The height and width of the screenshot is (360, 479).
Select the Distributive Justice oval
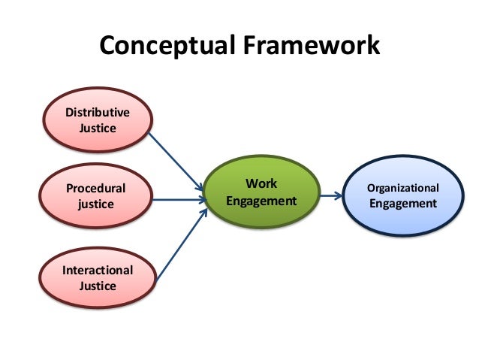click(97, 121)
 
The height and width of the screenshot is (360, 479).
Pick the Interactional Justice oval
click(98, 278)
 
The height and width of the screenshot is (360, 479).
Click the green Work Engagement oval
click(261, 193)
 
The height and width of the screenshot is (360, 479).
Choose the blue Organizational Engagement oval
click(402, 196)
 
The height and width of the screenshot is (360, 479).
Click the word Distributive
click(97, 113)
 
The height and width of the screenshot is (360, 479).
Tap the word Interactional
click(98, 270)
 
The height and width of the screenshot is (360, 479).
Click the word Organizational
click(402, 188)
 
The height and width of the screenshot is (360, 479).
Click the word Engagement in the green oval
click(261, 201)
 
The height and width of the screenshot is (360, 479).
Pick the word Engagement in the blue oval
click(402, 204)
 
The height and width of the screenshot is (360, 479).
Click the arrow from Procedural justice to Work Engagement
click(177, 200)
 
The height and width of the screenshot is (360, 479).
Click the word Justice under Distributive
click(97, 129)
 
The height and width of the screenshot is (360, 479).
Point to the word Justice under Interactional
click(98, 286)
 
